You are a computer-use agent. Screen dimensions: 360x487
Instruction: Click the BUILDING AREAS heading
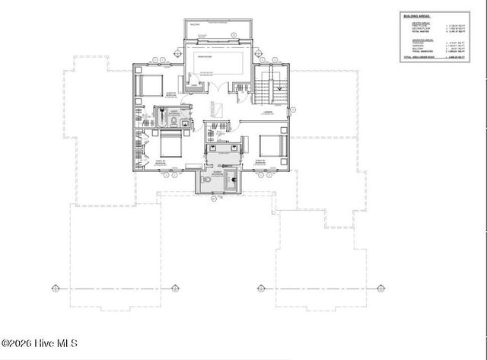419,15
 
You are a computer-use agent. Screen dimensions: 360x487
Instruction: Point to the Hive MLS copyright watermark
45,344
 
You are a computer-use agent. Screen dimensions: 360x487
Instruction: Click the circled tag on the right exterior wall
293,110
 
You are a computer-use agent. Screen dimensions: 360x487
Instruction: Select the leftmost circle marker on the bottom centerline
54,288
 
